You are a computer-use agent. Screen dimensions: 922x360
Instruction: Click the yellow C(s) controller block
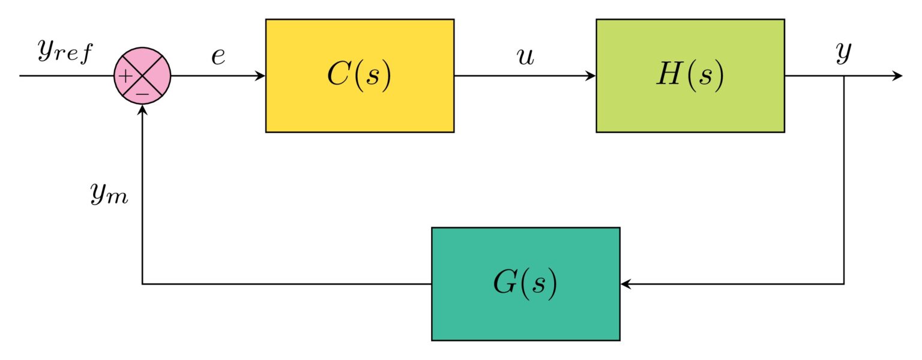(360, 76)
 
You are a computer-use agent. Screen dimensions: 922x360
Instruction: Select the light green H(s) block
(690, 76)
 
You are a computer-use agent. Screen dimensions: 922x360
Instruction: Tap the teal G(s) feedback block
(526, 284)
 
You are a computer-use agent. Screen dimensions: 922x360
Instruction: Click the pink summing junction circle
(142, 76)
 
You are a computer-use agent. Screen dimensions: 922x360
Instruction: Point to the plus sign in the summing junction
(125, 77)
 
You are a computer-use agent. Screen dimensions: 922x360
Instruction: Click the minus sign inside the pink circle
(142, 94)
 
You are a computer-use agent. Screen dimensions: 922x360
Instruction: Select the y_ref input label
(65, 52)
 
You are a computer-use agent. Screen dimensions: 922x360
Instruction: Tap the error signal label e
(218, 56)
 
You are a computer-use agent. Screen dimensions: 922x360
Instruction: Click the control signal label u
(526, 57)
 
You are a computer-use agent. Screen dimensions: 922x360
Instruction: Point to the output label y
(843, 53)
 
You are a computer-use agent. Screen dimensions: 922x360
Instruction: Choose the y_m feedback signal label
(109, 193)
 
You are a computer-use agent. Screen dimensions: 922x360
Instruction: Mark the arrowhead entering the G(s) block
(625, 284)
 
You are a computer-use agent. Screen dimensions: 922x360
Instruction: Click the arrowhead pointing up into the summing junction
(142, 110)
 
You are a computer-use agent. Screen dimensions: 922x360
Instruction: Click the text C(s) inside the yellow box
(360, 76)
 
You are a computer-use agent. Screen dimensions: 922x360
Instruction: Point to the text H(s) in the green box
(690, 76)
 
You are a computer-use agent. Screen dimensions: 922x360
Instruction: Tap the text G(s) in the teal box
(525, 284)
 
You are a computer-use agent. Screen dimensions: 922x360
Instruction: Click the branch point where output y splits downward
(844, 76)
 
